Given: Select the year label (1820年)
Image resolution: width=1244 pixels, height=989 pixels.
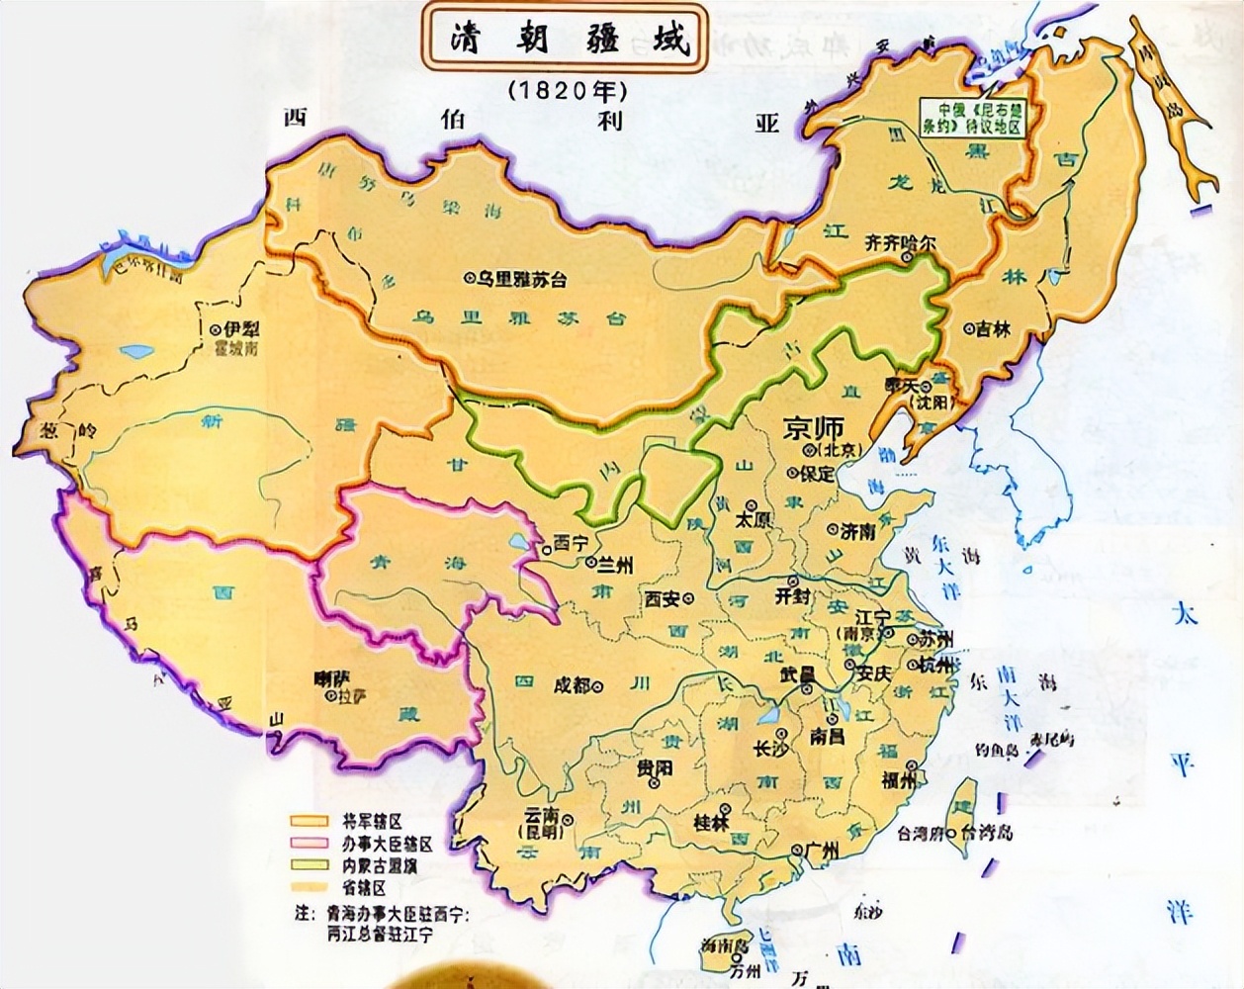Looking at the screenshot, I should pos(568,90).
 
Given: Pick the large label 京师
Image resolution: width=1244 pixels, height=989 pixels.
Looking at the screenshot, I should pos(813,428).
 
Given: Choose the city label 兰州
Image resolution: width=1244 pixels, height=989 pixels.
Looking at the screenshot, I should pos(615,565).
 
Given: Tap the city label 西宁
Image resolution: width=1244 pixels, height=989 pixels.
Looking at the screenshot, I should pos(570,543).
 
